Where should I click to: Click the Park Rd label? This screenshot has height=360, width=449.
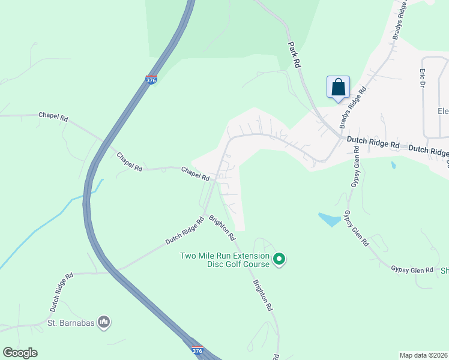[294, 55]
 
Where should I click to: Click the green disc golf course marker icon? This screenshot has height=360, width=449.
[279, 259]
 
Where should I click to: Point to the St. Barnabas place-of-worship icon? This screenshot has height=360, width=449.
[104, 323]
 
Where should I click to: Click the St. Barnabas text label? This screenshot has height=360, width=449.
[71, 323]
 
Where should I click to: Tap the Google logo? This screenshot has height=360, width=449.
[20, 353]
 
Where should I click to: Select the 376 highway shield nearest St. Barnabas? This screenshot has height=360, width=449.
[196, 349]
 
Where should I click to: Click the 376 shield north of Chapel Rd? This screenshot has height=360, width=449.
[151, 79]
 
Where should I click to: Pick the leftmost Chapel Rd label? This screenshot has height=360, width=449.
[53, 116]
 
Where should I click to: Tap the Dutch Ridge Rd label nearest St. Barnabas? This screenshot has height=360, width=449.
[61, 292]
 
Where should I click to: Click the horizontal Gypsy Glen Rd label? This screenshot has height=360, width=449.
[412, 270]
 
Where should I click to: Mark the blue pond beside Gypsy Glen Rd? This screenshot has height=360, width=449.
[330, 220]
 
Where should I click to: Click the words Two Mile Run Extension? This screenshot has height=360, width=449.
[225, 256]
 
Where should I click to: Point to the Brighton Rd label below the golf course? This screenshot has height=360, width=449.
[263, 295]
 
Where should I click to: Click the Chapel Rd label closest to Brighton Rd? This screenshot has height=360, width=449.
[195, 175]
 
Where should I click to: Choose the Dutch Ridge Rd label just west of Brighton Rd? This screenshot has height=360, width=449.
[185, 230]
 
